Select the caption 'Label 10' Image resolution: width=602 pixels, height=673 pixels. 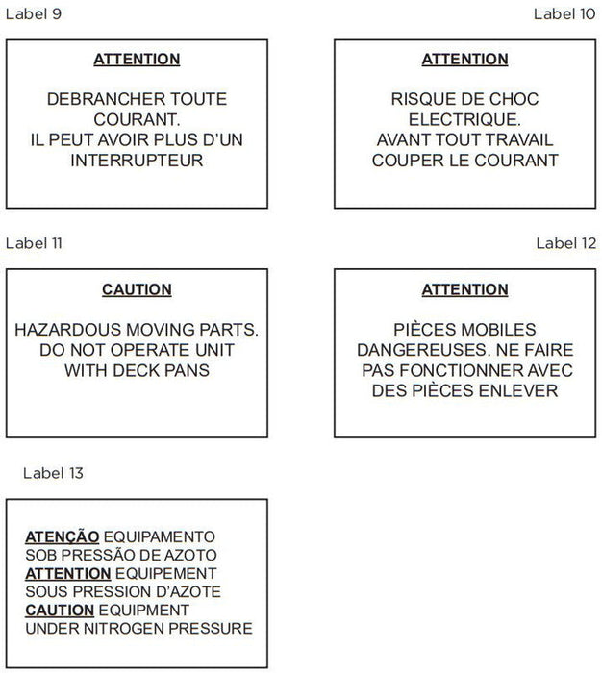pos(564,13)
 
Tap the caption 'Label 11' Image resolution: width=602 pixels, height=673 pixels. pos(34,243)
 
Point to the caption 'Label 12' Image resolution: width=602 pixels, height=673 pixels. pos(565,243)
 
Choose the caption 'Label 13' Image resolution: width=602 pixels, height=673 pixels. pos(53,473)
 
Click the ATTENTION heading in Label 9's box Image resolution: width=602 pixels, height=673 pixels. pos(137,60)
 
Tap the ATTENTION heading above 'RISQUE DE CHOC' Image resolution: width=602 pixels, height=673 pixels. pos(464,60)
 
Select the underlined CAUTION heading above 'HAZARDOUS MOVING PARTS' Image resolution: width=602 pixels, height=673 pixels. pos(137,289)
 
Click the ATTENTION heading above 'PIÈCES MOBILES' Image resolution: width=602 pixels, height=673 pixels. pos(464,289)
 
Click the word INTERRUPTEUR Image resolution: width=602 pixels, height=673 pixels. pos(137,161)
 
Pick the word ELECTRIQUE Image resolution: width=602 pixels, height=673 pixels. pos(464,120)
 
